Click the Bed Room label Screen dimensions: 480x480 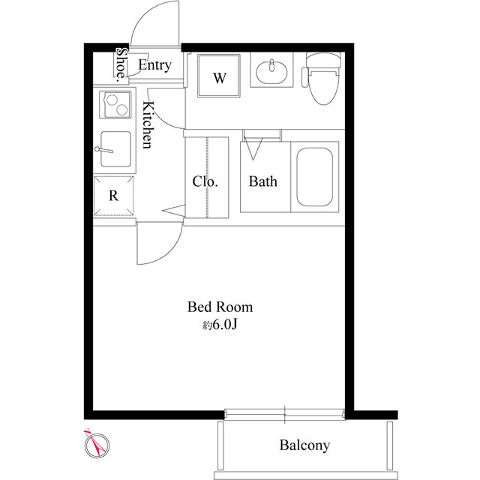pos(220,307)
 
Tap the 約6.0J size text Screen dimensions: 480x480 pos(220,325)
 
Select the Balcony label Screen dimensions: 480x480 pos(304,445)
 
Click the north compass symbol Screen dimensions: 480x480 pos(97,445)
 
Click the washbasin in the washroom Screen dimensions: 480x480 pos(271,72)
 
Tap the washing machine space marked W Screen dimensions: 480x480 pos(219,76)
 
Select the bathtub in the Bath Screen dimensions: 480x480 pos(315,177)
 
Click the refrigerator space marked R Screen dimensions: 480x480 pos(113,196)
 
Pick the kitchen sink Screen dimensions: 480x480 pos(116,149)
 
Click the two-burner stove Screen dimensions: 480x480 pos(115,104)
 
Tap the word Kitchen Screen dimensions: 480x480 pos(148,124)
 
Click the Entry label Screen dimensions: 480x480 pos(154,65)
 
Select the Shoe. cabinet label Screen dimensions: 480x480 pos(121,64)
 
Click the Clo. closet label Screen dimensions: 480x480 pos(205,181)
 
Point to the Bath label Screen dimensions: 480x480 pos(263,181)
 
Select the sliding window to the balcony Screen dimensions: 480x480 pos(285,414)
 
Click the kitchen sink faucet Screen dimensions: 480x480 pos(104,150)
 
